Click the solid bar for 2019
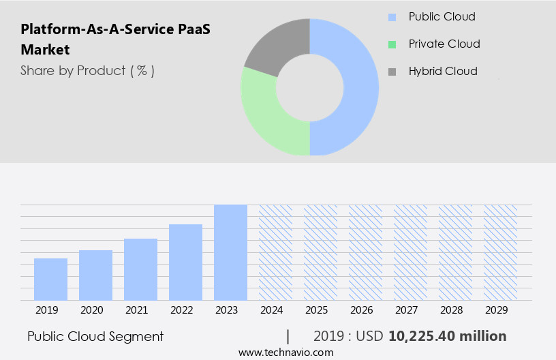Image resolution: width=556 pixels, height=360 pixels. [x=50, y=279]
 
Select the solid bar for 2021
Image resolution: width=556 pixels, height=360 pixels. [x=140, y=269]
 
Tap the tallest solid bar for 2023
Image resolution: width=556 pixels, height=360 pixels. [x=230, y=252]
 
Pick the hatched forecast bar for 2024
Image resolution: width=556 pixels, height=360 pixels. [x=275, y=252]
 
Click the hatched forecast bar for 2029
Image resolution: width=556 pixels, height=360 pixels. [x=500, y=252]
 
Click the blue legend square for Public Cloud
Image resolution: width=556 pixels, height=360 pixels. [x=392, y=17]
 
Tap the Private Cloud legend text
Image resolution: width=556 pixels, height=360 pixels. [x=444, y=44]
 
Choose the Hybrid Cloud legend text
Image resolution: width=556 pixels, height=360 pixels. [x=443, y=71]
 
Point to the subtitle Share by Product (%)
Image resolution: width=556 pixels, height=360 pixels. [x=87, y=70]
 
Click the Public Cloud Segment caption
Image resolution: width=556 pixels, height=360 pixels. [x=95, y=336]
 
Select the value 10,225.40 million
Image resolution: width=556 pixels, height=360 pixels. [x=447, y=336]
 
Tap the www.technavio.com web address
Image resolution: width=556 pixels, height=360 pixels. [x=286, y=352]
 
